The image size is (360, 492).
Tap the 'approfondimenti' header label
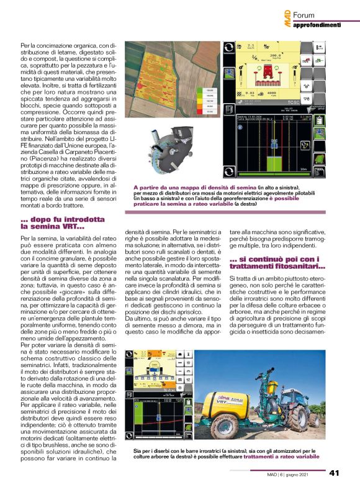tap(317, 25)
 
